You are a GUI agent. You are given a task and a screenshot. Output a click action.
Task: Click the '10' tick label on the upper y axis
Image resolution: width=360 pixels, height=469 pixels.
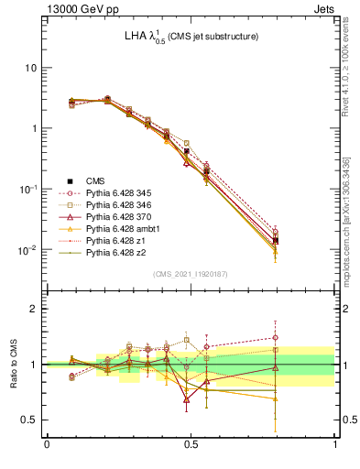coord(30,68)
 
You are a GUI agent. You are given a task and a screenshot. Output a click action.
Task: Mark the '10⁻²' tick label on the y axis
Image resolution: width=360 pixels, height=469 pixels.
coord(27,249)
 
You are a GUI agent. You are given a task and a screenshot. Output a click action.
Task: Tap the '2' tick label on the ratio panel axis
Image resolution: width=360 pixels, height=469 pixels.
coord(34,309)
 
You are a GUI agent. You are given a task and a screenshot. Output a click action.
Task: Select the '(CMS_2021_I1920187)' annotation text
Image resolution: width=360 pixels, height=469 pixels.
coord(190,274)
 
